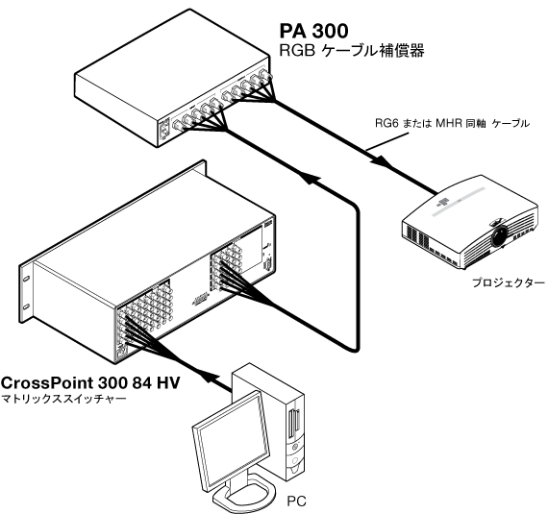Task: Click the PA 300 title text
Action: pos(313,31)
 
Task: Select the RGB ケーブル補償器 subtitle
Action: pos(352,51)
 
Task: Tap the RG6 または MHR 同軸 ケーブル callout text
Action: pos(452,123)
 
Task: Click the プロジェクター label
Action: pos(509,282)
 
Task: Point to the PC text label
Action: pos(296,502)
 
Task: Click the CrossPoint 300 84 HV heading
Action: pos(90,382)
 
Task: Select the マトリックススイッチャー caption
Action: pos(63,399)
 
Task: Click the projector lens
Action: pos(499,235)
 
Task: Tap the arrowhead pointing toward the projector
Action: pos(381,161)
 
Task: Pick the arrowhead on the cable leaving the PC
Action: pos(210,379)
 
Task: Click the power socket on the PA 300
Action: pos(164,131)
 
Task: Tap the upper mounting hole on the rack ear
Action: pos(26,279)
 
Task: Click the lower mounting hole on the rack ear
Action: pos(26,306)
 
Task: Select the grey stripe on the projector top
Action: pos(460,202)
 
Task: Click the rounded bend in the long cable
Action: pos(356,210)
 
